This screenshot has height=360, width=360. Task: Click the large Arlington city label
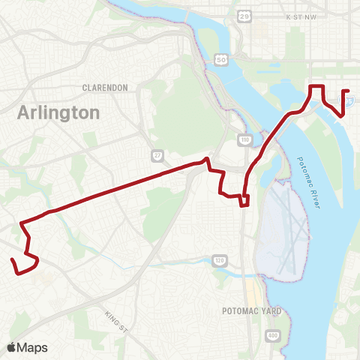pos(58,113)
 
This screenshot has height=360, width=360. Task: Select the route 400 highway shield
pos(272,334)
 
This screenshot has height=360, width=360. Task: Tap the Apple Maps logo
pos(27,347)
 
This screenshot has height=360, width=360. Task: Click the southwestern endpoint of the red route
pos(12,260)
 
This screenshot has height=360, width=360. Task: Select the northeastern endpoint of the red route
pos(349,91)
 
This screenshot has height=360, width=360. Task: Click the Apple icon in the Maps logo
pos(12,346)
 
